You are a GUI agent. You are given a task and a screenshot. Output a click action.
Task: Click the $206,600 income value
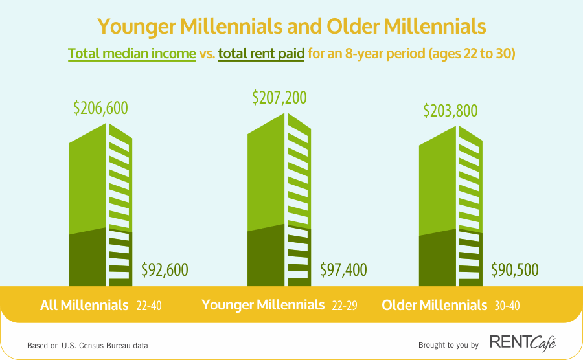point(100,108)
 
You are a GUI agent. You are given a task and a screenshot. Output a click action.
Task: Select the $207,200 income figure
point(279,98)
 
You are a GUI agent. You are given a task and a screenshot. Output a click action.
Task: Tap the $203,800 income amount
point(450,111)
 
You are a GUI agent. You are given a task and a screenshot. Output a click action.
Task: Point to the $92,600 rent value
point(165,270)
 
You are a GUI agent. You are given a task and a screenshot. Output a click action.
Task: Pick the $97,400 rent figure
point(343,270)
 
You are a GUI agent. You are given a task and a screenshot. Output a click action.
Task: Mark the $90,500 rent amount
point(514,270)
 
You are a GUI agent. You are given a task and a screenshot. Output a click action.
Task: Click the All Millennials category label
point(84,306)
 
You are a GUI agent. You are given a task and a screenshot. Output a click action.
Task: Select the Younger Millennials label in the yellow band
point(263,305)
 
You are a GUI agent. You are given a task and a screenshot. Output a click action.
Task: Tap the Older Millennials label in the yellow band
point(434,306)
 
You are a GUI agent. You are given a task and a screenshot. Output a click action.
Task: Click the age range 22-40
point(149,306)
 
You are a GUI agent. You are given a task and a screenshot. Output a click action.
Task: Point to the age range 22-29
point(345,306)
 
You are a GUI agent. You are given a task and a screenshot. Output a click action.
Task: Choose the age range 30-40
point(507,306)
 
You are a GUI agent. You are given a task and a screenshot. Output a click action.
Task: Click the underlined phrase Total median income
point(131,54)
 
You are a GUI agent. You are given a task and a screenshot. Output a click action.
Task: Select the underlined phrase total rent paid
point(261,54)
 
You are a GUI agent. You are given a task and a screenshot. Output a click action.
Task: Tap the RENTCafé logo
point(523,343)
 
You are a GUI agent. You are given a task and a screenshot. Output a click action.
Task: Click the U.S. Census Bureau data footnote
point(87,346)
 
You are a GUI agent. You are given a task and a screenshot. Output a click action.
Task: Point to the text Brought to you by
point(448,345)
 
